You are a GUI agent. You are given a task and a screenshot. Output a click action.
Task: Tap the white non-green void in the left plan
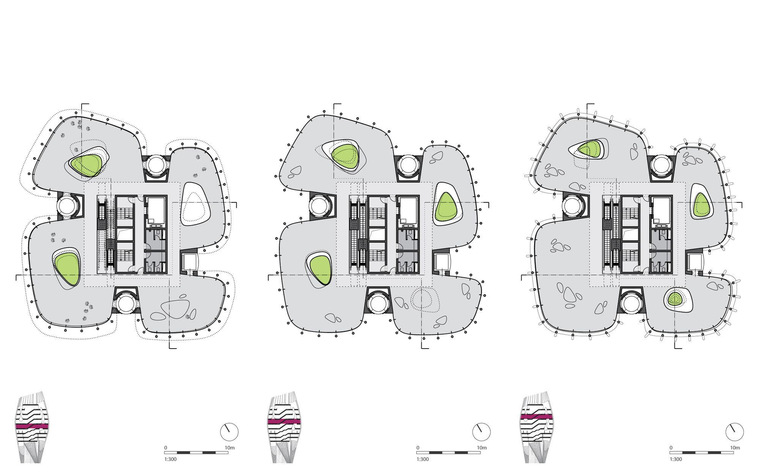coord(195,205)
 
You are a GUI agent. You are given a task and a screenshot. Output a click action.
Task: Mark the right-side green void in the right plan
coord(701,205)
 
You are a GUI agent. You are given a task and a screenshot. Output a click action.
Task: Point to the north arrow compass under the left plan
coord(229,432)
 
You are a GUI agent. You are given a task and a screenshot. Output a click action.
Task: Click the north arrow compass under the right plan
coord(735,432)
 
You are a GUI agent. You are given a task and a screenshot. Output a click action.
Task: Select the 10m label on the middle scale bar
coord(482,448)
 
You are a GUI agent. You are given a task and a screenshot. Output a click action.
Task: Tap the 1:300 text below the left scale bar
coord(171,459)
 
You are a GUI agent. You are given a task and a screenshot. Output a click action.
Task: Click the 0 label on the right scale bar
coord(671,448)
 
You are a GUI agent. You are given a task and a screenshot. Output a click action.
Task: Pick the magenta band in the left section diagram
coord(32,426)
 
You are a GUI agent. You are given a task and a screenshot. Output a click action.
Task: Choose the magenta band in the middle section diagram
coord(284,421)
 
